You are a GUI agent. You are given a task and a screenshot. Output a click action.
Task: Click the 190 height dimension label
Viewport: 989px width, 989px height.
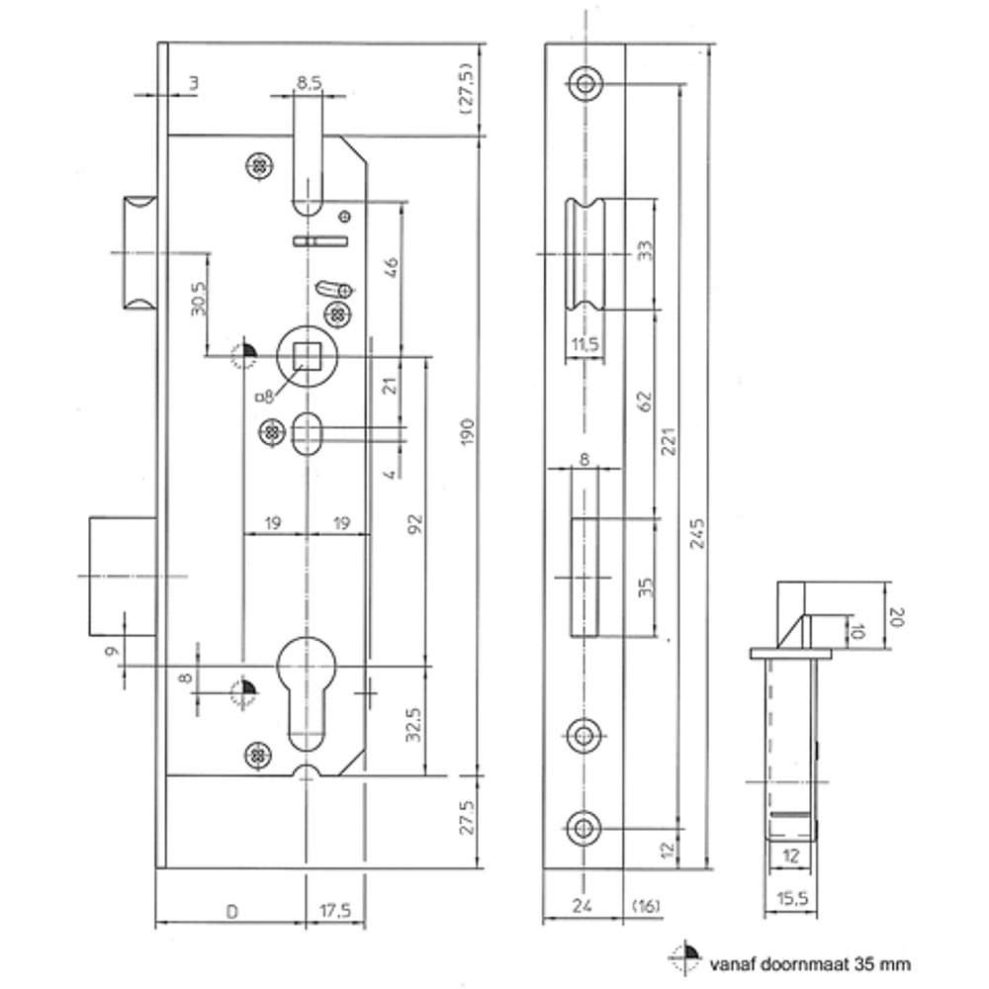click(467, 431)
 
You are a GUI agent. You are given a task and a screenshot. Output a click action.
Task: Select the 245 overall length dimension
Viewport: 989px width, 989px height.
click(697, 534)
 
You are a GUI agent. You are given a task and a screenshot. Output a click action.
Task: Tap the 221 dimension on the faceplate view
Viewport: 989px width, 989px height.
click(669, 441)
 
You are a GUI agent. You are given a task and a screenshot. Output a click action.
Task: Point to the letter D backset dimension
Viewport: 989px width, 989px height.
click(232, 912)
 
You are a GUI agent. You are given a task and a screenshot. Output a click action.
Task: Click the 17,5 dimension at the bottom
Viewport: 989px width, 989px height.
click(335, 911)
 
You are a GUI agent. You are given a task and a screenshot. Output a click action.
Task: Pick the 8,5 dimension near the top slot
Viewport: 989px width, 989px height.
click(309, 83)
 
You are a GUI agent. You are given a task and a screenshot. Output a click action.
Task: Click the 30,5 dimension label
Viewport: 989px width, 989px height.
click(198, 299)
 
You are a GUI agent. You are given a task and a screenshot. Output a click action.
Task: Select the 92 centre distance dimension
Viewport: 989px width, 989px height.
click(415, 524)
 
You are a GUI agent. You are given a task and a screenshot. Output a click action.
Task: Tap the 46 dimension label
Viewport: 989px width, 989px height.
click(391, 267)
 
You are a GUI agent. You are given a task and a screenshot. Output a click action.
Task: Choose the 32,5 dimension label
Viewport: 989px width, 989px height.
click(412, 724)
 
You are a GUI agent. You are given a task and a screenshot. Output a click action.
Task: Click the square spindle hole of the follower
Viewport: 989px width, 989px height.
click(307, 356)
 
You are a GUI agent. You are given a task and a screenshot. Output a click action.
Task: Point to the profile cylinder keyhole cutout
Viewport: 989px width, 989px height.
click(307, 692)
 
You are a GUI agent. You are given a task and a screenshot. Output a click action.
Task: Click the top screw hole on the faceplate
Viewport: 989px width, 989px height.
click(585, 84)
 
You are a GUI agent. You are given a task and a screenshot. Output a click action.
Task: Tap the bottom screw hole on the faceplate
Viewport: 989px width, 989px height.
click(584, 828)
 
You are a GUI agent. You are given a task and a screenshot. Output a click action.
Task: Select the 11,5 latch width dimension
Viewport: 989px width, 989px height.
click(584, 345)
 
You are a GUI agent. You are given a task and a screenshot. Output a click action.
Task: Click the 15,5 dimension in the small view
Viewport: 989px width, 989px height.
click(792, 898)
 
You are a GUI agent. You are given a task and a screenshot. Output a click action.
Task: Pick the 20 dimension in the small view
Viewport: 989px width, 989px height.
click(896, 617)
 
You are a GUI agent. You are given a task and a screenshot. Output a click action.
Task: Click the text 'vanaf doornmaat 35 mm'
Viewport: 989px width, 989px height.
click(810, 963)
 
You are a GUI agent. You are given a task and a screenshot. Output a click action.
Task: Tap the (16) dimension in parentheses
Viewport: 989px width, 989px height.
click(646, 906)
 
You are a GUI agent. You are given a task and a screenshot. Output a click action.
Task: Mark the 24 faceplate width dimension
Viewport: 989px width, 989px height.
click(583, 906)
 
